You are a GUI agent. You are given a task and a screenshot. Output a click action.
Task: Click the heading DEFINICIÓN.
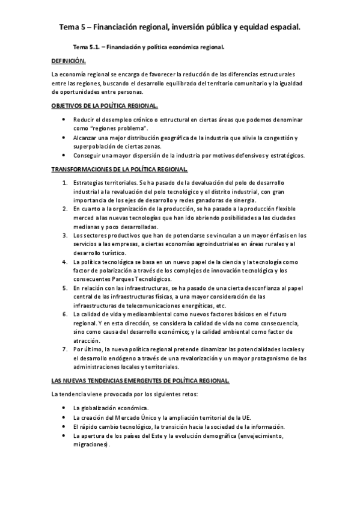pyautogui.click(x=69, y=61)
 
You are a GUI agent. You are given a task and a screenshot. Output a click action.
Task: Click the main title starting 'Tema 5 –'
pyautogui.click(x=180, y=27)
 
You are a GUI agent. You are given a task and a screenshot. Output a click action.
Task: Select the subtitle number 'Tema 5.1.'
pyautogui.click(x=86, y=46)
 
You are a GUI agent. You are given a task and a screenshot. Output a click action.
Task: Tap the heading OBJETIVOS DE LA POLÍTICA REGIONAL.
pyautogui.click(x=105, y=106)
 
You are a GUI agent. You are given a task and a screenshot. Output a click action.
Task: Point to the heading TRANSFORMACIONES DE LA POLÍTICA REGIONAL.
pyautogui.click(x=120, y=169)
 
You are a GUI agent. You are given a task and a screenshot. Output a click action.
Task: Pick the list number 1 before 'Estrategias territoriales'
pyautogui.click(x=65, y=182)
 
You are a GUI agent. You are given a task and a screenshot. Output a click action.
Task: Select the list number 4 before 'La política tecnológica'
pyautogui.click(x=65, y=262)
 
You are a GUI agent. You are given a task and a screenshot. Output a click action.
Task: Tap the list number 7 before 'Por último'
pyautogui.click(x=65, y=349)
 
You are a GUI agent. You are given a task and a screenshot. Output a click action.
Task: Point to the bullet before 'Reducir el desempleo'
pyautogui.click(x=64, y=120)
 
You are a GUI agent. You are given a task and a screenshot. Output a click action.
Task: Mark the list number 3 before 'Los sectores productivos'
pyautogui.click(x=65, y=235)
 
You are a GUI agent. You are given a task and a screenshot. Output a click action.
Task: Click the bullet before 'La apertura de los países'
pyautogui.click(x=64, y=435)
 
